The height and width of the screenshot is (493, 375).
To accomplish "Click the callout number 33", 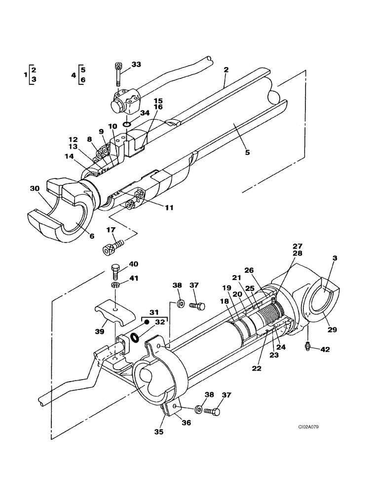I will point(136,65).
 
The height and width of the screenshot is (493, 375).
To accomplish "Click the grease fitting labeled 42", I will point(308,348).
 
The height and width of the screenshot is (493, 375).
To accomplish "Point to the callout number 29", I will point(332,329).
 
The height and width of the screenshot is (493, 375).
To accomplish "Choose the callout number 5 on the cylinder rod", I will point(247,152).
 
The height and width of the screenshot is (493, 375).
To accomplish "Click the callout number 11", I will point(169,208).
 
